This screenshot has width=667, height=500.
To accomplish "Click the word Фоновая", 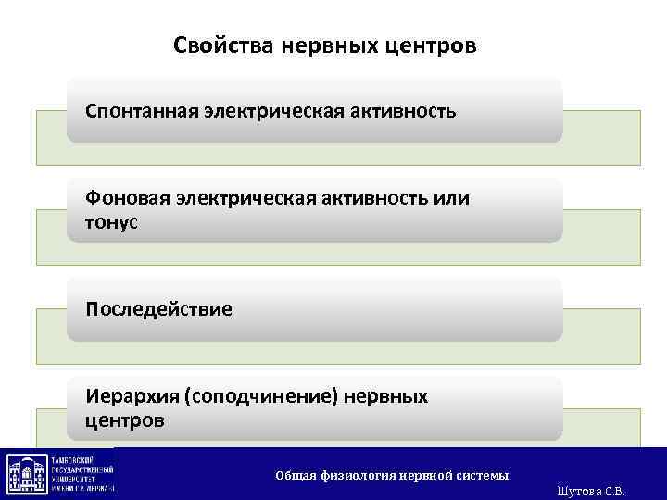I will [x=122, y=198].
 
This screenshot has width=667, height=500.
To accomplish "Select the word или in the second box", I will [x=453, y=198].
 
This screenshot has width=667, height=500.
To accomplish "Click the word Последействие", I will [x=159, y=307].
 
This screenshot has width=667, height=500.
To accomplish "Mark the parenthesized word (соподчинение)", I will [x=262, y=396].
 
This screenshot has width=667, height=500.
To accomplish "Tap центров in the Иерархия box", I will [x=125, y=420].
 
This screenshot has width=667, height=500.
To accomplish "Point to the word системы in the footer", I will [x=482, y=475].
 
